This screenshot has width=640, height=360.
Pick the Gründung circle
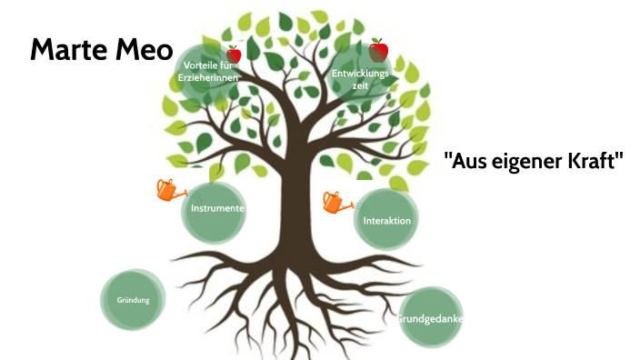133,299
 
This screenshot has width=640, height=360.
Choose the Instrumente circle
217,209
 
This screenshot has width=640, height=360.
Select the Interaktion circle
386,220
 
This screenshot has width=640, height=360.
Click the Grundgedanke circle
432,318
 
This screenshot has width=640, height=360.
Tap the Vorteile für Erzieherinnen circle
209,73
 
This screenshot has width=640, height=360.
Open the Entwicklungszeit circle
361,77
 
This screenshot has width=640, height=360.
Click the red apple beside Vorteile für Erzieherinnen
234,55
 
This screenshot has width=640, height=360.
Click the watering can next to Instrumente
168,189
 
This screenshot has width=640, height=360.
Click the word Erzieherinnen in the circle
210,79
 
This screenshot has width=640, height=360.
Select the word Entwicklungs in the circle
361,72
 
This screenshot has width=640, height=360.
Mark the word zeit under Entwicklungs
361,85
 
